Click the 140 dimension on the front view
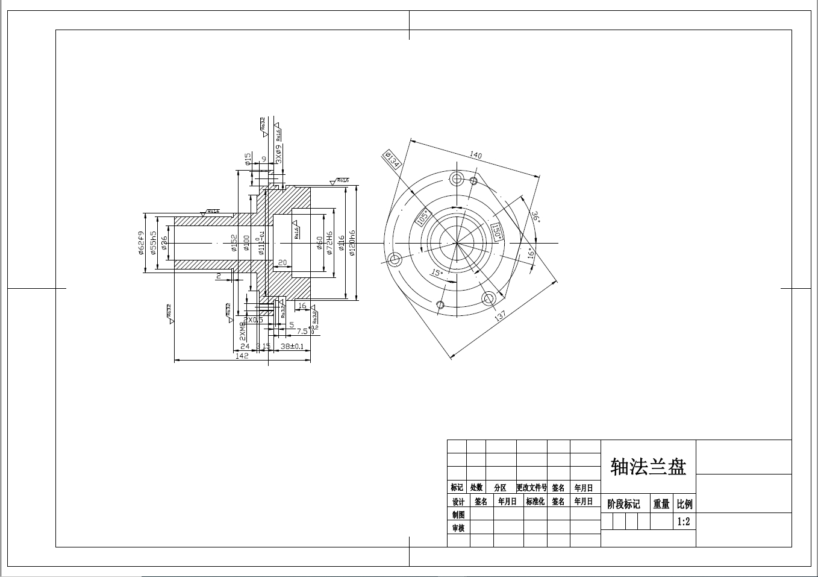click(x=475, y=155)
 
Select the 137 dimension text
click(x=500, y=315)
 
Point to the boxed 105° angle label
click(x=423, y=218)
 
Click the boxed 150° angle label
click(x=496, y=232)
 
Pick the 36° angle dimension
click(x=534, y=217)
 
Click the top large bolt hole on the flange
click(x=456, y=178)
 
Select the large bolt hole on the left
click(x=395, y=260)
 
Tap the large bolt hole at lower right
click(x=489, y=298)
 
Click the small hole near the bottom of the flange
click(x=441, y=304)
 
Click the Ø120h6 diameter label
click(x=352, y=242)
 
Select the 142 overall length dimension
click(x=242, y=356)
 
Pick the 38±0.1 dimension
click(x=292, y=347)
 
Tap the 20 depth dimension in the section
click(x=282, y=262)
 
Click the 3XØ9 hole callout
click(x=278, y=154)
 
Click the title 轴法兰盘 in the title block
click(x=648, y=466)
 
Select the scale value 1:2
click(x=684, y=522)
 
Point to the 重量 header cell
click(x=661, y=504)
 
